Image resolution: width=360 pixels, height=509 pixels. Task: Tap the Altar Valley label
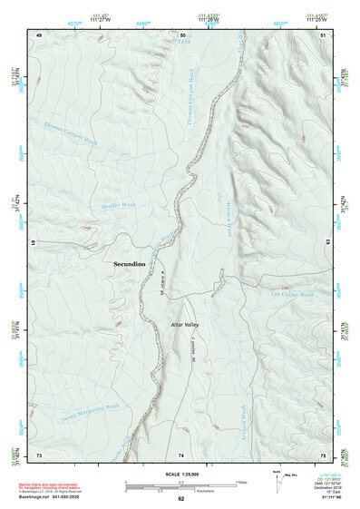[184, 324]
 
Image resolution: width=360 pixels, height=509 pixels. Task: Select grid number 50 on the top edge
[182, 34]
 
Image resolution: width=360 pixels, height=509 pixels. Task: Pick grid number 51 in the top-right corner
[324, 34]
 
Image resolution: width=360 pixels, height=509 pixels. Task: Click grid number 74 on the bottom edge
[181, 455]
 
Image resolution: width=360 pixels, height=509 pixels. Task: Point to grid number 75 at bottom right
[324, 455]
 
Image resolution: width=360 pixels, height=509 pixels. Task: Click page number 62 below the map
[181, 499]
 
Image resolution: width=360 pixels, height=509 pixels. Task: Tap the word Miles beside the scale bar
[240, 481]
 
